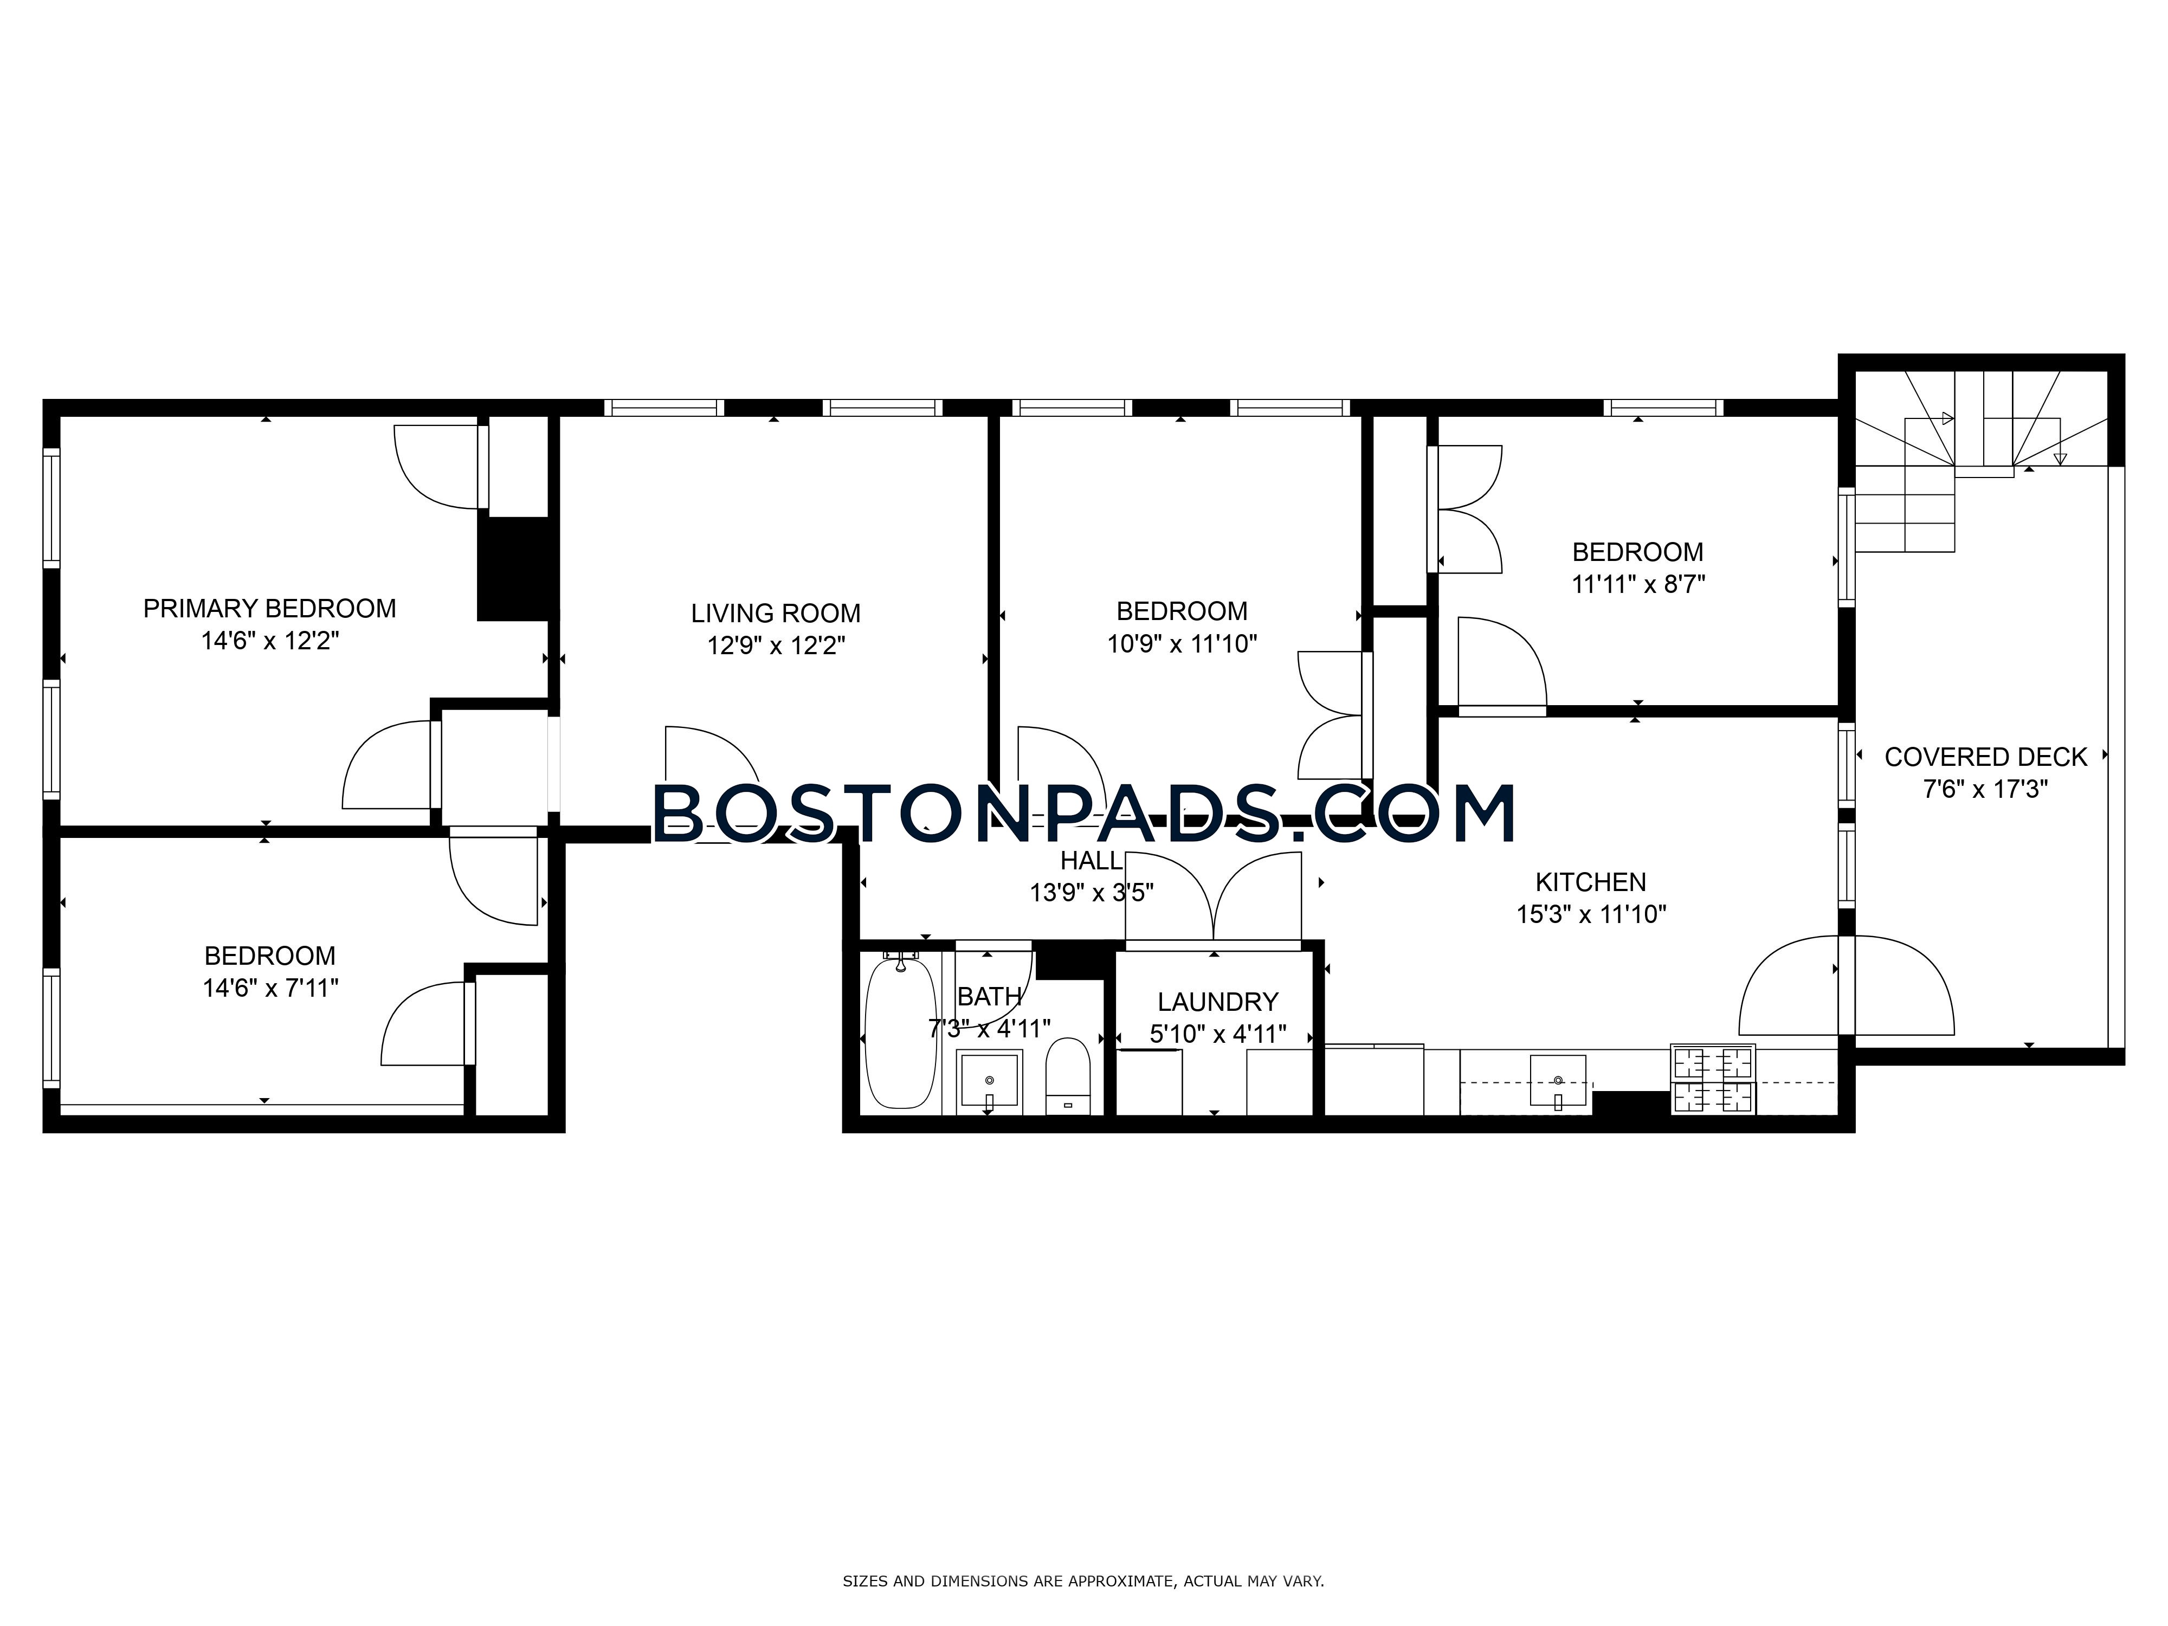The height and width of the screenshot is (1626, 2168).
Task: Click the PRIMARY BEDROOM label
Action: [x=269, y=609]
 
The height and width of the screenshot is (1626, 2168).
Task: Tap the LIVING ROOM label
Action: [x=775, y=614]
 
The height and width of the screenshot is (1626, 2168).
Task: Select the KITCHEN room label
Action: [x=1591, y=882]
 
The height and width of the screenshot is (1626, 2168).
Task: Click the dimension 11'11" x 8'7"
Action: [x=1638, y=584]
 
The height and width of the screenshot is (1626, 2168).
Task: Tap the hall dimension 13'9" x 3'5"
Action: [x=1091, y=893]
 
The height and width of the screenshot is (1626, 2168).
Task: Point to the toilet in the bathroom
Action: [x=1067, y=1075]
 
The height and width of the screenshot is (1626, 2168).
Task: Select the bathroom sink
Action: [x=990, y=1081]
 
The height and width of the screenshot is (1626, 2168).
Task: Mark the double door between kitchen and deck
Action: [x=1847, y=985]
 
